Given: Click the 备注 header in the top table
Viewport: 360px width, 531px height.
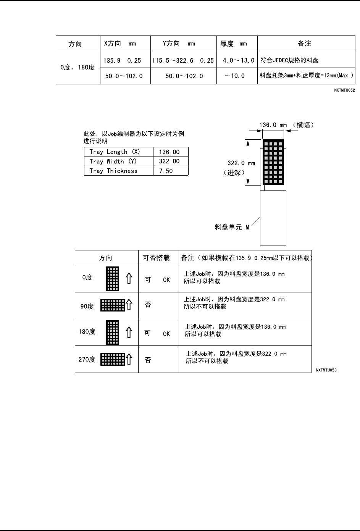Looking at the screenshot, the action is point(304,44).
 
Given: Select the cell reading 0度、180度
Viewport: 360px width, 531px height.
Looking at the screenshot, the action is point(77,68).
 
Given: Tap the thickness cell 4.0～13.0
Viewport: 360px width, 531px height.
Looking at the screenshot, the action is point(238,60).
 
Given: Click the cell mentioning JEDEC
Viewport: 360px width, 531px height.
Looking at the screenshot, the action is point(289,60).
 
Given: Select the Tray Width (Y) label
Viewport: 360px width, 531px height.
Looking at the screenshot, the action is point(113,161).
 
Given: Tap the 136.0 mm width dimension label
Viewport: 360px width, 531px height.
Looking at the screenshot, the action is point(273,125).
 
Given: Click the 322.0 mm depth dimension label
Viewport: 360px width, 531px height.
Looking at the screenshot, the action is point(241,163).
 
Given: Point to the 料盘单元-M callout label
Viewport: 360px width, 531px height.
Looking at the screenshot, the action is point(232,228).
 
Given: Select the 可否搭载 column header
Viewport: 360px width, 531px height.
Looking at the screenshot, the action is point(156,258).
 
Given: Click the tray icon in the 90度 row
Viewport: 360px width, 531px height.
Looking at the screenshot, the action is point(113,305).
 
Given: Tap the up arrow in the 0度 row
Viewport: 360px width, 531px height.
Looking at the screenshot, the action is point(129,279).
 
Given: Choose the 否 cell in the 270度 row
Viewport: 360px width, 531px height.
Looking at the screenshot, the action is point(148,360).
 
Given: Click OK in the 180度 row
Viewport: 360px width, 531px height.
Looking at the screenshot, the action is point(166,334).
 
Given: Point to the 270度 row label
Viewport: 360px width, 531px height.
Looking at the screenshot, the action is point(87,359).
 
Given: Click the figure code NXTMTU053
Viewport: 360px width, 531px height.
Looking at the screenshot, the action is point(326,370).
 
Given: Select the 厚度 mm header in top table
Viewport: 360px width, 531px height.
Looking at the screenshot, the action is point(233,44).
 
